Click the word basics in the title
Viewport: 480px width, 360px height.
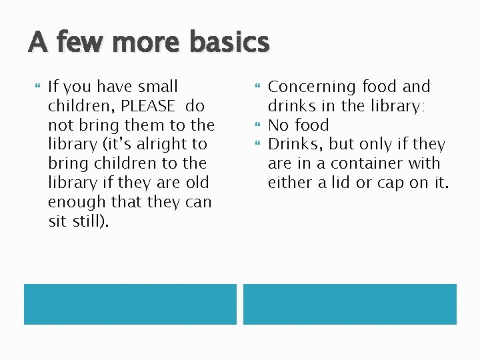[x=229, y=43]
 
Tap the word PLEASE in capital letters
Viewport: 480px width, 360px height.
[x=148, y=106]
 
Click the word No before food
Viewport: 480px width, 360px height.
[x=279, y=125]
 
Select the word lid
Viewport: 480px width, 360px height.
[x=351, y=182]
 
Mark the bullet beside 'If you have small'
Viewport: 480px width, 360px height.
[x=37, y=87]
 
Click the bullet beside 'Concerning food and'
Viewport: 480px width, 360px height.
[x=257, y=87]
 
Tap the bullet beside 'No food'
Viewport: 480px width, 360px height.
[x=257, y=125]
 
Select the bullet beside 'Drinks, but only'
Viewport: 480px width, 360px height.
[x=257, y=144]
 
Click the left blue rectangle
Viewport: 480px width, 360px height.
[x=130, y=304]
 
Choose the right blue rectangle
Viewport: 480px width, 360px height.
[x=349, y=304]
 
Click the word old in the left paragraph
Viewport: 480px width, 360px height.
[x=197, y=183]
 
